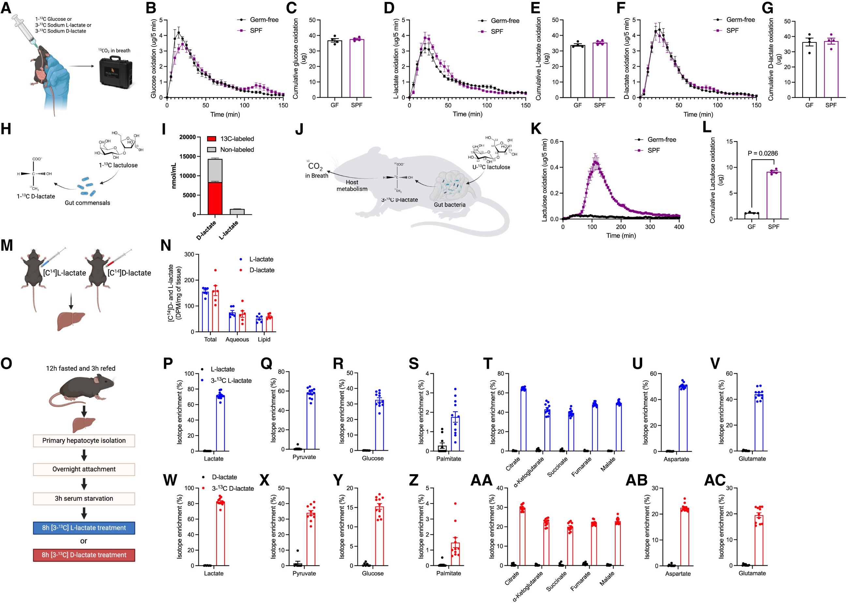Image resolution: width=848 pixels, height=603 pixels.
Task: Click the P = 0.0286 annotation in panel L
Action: click(x=762, y=153)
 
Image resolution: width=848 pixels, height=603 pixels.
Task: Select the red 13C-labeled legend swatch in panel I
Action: click(x=212, y=139)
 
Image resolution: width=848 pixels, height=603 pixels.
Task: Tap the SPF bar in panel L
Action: click(x=773, y=195)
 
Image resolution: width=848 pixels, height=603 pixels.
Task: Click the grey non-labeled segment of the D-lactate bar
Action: click(x=215, y=170)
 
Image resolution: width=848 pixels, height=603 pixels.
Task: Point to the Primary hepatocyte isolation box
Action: click(x=84, y=441)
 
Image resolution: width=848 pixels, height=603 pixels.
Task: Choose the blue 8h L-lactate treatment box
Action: click(x=84, y=528)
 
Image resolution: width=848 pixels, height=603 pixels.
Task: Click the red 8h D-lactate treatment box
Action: click(x=84, y=555)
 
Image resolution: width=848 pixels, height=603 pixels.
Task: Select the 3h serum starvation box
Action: click(x=84, y=498)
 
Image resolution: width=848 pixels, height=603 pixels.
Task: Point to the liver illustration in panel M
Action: click(x=71, y=321)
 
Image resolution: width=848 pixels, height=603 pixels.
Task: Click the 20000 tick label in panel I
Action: click(x=188, y=137)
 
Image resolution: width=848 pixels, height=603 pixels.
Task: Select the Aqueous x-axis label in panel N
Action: click(x=237, y=339)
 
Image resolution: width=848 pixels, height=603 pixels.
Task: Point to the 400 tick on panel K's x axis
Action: click(x=679, y=227)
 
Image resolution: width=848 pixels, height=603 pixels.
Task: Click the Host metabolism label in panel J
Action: click(x=352, y=186)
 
